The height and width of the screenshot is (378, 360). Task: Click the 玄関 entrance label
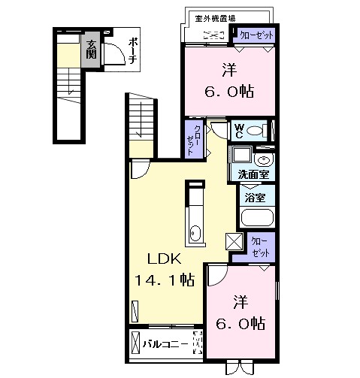click(91, 50)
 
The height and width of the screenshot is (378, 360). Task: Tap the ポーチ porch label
click(133, 51)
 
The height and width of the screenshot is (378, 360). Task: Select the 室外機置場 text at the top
click(215, 18)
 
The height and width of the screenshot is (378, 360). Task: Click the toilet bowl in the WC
click(254, 131)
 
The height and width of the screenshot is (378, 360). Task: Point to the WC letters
click(239, 132)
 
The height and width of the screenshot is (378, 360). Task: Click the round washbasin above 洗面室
click(263, 160)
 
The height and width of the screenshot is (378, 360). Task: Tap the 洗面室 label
click(253, 174)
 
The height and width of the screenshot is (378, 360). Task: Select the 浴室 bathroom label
click(255, 198)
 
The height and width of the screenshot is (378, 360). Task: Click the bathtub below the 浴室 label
click(257, 217)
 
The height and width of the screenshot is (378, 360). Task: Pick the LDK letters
click(165, 259)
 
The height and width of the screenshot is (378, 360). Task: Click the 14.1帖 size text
click(165, 280)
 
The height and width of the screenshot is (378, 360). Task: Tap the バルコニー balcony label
click(165, 344)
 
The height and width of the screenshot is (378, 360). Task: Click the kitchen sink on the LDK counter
click(195, 233)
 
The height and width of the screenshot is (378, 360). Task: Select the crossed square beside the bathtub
click(234, 241)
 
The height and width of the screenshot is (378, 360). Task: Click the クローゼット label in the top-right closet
click(256, 35)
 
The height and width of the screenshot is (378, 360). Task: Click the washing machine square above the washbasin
click(242, 154)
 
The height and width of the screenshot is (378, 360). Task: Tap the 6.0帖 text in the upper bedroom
click(229, 91)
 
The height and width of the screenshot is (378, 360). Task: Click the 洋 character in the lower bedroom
click(241, 301)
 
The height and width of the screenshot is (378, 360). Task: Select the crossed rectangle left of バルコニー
click(135, 343)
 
